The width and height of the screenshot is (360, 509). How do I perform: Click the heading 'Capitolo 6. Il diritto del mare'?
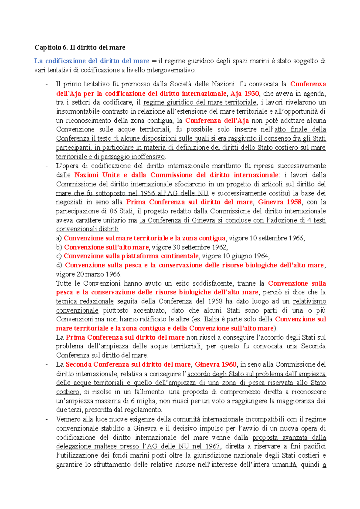(x=80, y=47)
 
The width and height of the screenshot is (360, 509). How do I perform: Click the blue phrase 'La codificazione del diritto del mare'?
(x=91, y=61)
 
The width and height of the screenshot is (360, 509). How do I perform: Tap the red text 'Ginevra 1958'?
(x=280, y=202)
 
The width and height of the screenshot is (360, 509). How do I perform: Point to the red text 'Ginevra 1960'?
(x=215, y=365)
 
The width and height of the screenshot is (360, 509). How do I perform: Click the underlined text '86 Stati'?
(x=121, y=211)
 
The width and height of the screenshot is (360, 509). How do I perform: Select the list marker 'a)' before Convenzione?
(x=59, y=238)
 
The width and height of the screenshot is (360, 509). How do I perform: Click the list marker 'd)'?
(x=59, y=265)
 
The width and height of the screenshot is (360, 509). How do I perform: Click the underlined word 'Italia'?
(x=211, y=319)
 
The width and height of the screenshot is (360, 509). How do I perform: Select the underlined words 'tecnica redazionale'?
(x=85, y=301)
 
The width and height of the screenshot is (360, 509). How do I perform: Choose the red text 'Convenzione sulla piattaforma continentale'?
(x=131, y=256)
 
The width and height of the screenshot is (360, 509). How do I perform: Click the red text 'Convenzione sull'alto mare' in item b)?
(x=106, y=247)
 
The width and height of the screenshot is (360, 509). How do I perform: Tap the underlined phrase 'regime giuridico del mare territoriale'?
(x=200, y=102)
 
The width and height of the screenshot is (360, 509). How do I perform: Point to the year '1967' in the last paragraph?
(x=212, y=446)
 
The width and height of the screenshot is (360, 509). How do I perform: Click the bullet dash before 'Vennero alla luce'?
(x=46, y=419)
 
